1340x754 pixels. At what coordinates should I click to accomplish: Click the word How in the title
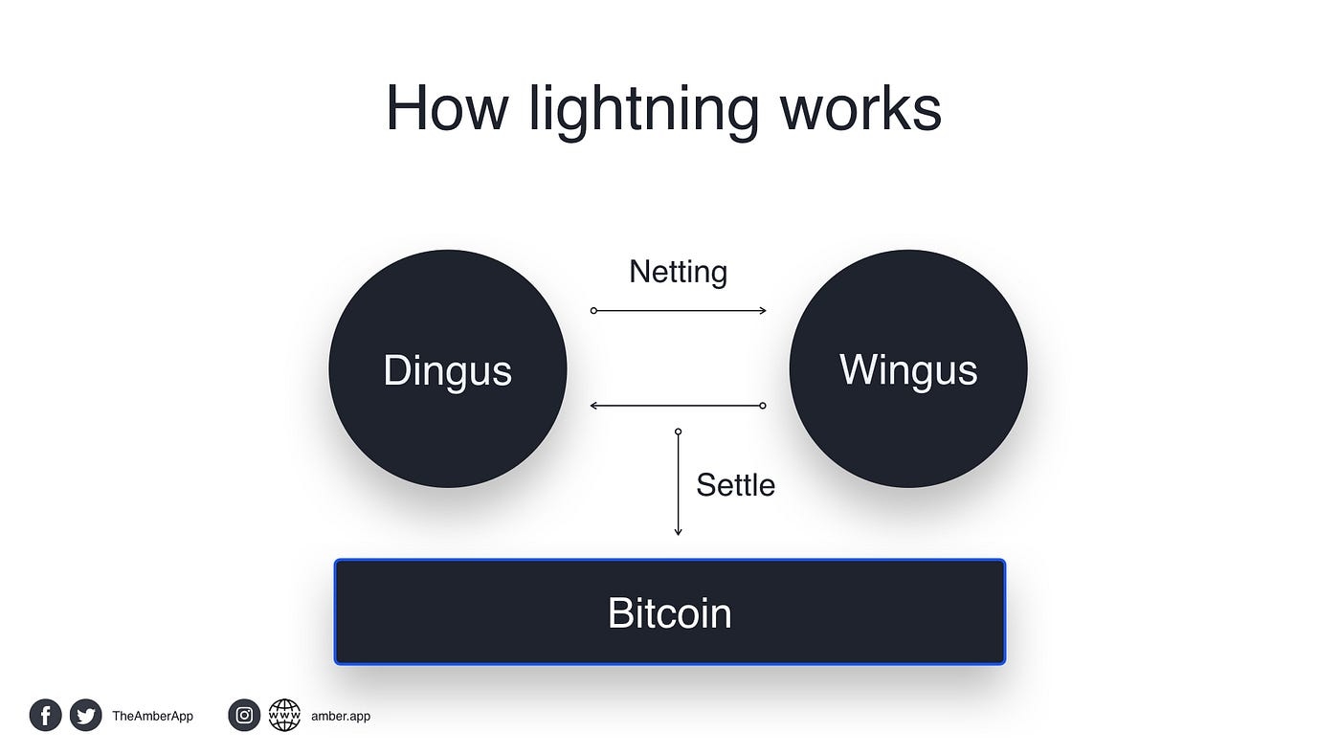(446, 108)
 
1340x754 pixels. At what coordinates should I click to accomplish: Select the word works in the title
(860, 108)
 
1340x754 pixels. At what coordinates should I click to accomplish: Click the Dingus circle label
(447, 370)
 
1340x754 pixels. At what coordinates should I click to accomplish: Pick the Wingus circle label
(908, 370)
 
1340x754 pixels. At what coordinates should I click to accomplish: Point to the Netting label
(678, 272)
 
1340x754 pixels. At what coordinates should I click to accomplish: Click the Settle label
(735, 485)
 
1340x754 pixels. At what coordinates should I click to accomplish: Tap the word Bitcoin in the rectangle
(669, 612)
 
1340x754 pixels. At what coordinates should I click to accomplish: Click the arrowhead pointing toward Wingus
(762, 311)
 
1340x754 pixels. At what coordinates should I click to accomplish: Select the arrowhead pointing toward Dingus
(594, 406)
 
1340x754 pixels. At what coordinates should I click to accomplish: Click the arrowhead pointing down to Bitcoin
(678, 531)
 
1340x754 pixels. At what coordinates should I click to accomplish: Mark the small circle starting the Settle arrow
(678, 432)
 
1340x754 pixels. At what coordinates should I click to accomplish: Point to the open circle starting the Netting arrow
(593, 311)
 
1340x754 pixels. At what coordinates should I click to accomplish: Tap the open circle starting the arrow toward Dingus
(762, 406)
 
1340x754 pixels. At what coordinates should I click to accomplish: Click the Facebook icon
(45, 715)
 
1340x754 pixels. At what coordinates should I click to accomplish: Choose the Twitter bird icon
(85, 715)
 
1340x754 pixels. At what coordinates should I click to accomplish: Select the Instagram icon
(244, 715)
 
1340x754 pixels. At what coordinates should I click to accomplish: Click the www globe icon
(284, 715)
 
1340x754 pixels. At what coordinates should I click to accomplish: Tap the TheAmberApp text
(152, 716)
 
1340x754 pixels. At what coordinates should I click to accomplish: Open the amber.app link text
(341, 716)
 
